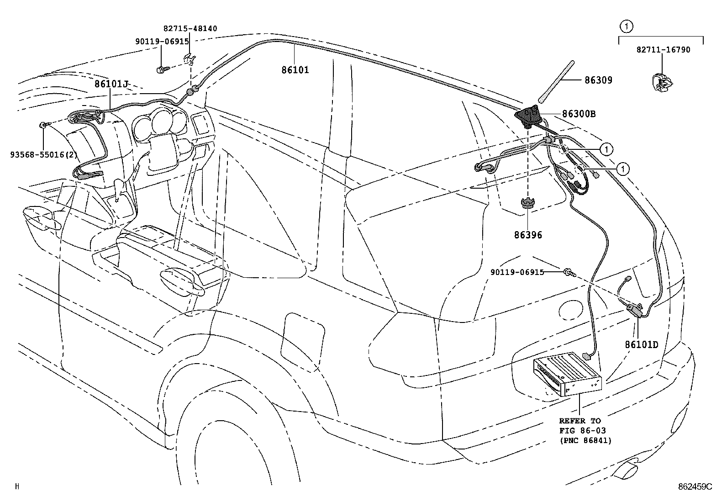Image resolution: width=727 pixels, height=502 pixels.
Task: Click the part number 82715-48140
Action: [190, 29]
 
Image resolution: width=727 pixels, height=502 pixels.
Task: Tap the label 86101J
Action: [111, 84]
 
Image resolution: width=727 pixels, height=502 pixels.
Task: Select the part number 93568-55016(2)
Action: [44, 154]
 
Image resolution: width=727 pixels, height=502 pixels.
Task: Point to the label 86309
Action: [599, 80]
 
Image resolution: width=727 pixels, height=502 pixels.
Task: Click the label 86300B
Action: [579, 114]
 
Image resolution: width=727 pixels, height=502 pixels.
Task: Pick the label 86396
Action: [528, 235]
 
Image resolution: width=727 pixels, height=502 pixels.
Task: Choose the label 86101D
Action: [642, 344]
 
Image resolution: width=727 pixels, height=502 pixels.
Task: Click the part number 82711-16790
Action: [664, 50]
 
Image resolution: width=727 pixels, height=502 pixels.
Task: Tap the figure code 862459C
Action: [695, 487]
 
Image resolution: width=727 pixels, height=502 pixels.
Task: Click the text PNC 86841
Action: [585, 441]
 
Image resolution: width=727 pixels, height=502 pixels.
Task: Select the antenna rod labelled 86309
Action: [556, 81]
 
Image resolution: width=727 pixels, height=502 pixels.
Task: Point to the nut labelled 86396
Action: [528, 204]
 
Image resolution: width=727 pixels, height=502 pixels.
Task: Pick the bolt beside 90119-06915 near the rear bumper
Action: [570, 272]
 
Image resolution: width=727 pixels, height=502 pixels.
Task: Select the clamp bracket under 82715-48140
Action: [190, 59]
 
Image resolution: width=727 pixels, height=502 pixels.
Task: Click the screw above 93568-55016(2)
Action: [44, 124]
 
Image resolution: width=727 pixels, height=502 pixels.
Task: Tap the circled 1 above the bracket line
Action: [627, 26]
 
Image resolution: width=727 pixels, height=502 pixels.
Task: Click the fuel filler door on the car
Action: [302, 339]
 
